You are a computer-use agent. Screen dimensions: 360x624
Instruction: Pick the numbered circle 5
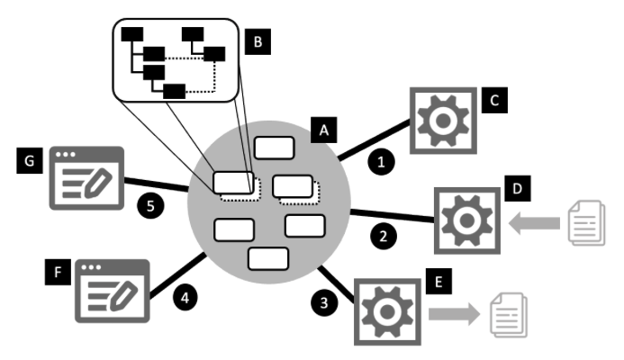(148, 205)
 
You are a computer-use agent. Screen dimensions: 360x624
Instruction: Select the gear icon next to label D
(466, 219)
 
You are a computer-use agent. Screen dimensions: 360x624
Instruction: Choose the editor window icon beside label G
(86, 175)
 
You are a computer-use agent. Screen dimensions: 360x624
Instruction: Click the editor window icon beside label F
(112, 283)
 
